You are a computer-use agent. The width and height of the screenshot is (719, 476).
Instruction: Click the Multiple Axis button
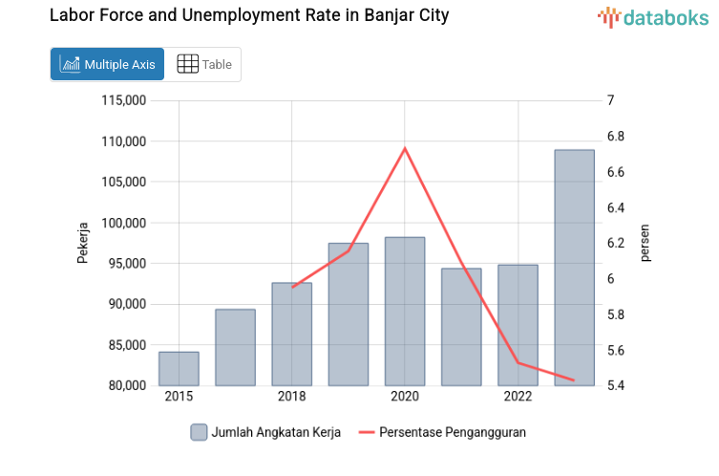107,64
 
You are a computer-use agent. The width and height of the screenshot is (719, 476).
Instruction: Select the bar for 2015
179,369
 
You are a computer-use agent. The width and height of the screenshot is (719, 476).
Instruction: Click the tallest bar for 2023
574,268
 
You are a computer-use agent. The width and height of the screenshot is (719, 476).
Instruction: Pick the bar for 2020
405,312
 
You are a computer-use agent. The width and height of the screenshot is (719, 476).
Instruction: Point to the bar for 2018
291,335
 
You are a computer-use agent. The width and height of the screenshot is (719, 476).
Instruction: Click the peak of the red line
405,148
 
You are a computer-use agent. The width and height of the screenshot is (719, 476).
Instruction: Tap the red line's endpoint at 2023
574,380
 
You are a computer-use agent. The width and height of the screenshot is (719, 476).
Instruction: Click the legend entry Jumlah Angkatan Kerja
263,432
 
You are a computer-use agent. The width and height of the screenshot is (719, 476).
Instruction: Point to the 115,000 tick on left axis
124,100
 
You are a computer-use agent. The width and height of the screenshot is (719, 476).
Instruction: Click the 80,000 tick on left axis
128,385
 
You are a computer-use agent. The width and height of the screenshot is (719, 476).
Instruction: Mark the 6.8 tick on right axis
616,137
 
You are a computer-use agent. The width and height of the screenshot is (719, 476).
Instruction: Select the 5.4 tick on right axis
616,385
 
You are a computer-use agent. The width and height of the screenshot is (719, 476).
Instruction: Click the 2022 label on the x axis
518,397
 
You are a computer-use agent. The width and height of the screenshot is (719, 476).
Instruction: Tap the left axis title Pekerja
83,243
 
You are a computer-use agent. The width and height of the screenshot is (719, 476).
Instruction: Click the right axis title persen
645,243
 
